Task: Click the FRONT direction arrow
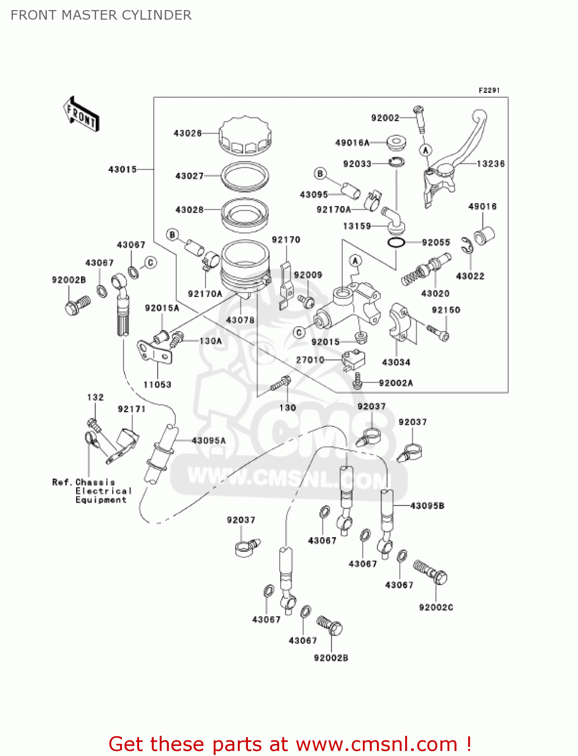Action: click(81, 114)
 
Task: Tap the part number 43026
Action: click(187, 134)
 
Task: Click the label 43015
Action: click(122, 169)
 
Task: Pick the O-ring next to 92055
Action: click(396, 243)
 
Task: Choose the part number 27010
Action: click(310, 360)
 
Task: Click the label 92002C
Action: click(436, 607)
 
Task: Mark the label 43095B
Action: click(427, 506)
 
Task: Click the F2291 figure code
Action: click(489, 90)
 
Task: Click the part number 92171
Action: click(132, 409)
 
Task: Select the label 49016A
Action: click(352, 143)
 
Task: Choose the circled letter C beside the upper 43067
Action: click(150, 263)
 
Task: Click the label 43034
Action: click(396, 362)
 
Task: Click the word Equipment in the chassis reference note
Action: click(101, 500)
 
